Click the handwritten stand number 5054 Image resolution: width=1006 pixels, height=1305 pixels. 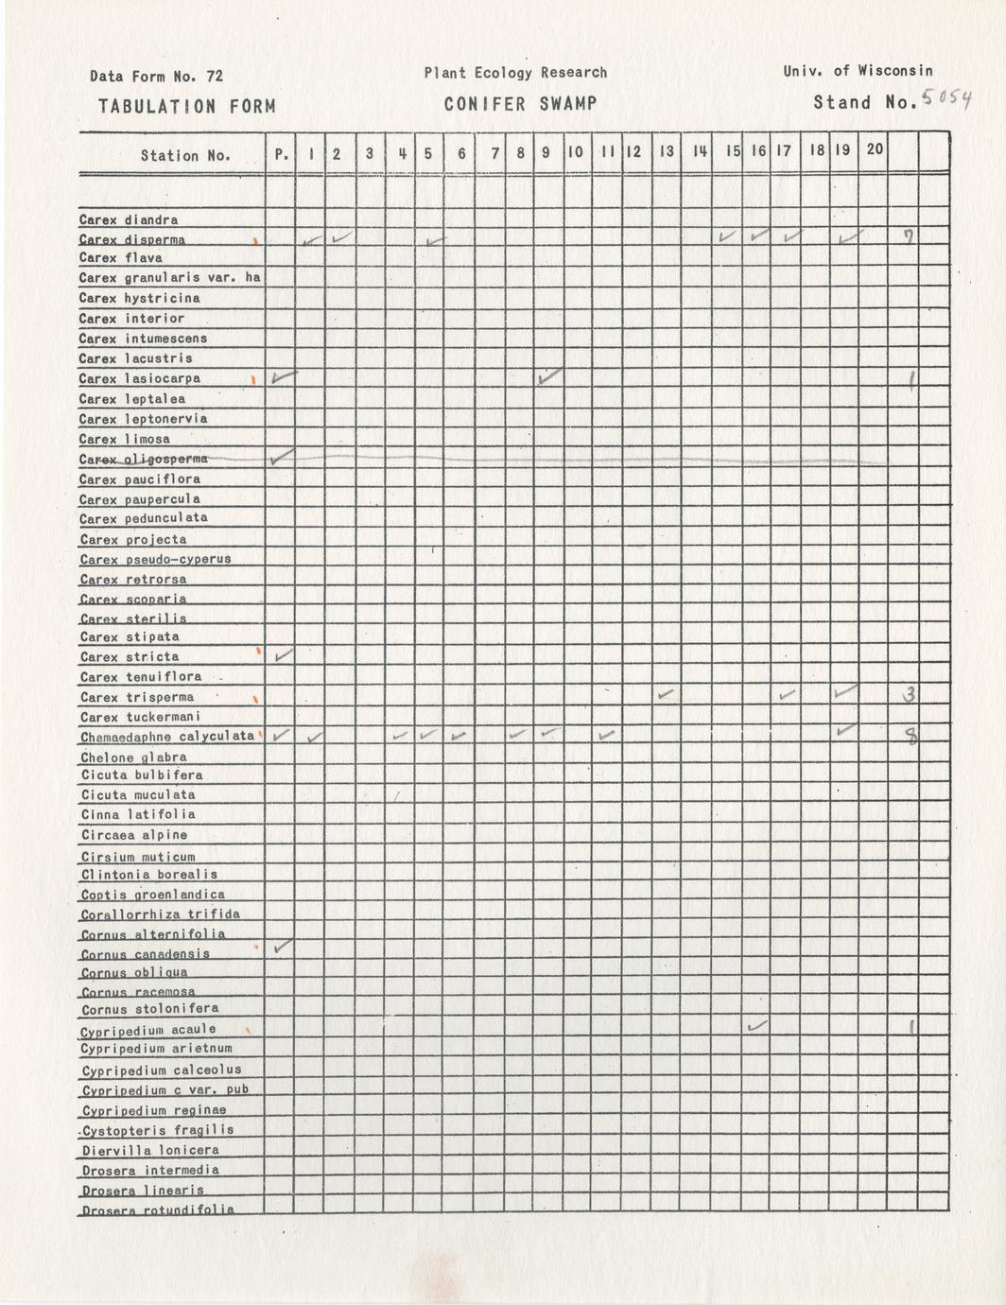945,98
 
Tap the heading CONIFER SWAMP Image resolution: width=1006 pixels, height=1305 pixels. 520,104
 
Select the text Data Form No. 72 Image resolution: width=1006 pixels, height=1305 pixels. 156,77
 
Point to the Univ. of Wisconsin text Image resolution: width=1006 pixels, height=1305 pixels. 858,71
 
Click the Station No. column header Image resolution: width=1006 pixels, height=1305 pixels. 185,155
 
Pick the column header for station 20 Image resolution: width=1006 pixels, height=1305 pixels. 875,149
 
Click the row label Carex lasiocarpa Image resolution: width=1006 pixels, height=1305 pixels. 140,378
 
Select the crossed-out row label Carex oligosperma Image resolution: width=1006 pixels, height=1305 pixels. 144,459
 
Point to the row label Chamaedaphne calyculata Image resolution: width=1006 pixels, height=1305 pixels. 167,736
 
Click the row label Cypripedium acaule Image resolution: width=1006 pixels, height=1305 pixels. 148,1029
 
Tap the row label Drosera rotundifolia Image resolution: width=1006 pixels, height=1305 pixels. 158,1209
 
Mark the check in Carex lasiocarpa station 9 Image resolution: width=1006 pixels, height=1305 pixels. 548,376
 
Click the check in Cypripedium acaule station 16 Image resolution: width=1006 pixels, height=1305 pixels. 756,1026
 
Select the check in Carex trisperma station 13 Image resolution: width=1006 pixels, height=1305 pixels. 667,695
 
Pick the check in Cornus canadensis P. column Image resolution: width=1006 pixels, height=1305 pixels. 281,946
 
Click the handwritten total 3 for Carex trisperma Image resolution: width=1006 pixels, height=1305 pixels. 908,695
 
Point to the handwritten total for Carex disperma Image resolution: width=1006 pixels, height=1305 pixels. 907,236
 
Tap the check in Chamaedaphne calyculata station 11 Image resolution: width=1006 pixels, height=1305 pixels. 607,734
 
